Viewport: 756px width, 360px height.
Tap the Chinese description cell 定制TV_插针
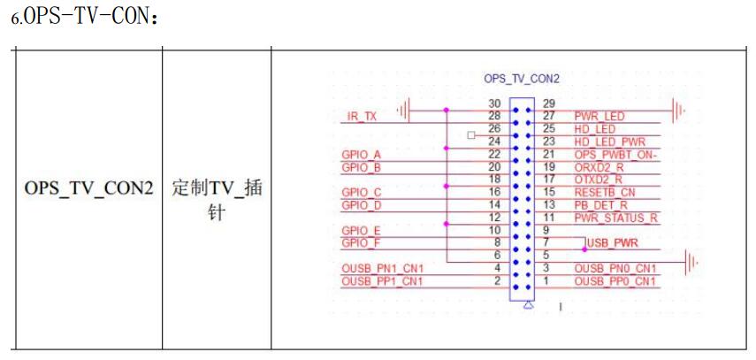(x=216, y=202)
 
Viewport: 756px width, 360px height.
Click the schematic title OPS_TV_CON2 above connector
(x=522, y=79)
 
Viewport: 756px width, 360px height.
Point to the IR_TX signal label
(x=358, y=116)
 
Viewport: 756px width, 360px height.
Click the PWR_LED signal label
(x=600, y=116)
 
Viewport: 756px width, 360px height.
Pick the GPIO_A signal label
(x=360, y=154)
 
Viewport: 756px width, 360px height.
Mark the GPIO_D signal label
(x=360, y=204)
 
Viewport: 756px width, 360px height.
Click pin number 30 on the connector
(x=495, y=103)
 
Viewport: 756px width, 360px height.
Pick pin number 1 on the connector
(x=546, y=281)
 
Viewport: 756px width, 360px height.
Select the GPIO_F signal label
(x=360, y=242)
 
